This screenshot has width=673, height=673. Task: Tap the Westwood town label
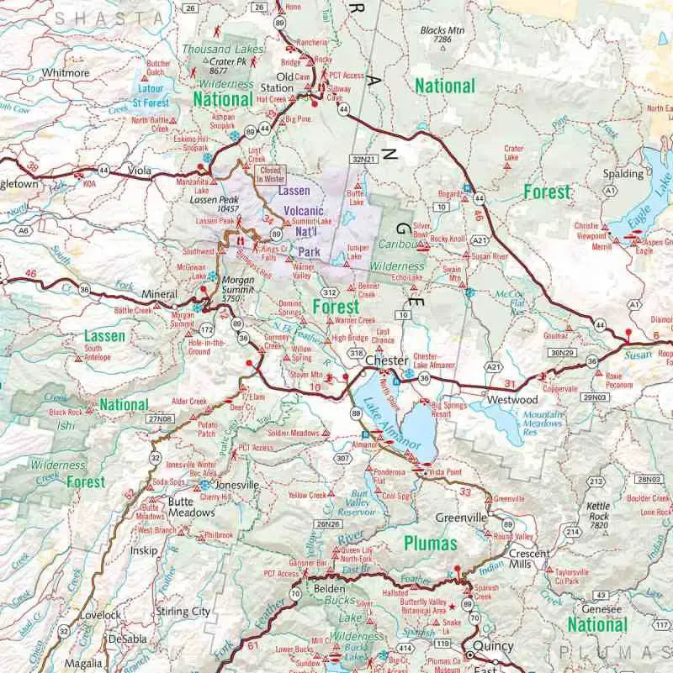coord(512,400)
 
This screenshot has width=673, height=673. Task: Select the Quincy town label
coord(493,646)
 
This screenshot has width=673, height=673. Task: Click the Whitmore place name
coord(66,73)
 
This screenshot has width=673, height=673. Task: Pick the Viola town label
coord(140,171)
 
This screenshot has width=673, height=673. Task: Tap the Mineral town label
coord(160,295)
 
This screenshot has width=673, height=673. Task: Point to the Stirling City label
coord(183,613)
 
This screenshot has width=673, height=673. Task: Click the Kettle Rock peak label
coord(598,511)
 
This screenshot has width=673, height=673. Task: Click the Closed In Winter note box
coord(271,175)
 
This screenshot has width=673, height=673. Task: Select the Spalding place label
coord(622,174)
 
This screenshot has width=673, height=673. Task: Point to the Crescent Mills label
coord(529,559)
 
